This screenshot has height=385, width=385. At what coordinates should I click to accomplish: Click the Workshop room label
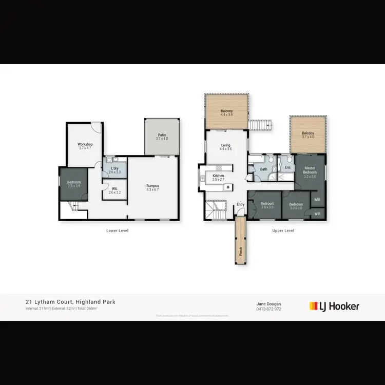85,145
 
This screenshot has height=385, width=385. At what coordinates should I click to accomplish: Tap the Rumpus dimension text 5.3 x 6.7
152,189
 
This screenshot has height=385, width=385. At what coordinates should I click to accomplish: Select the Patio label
162,135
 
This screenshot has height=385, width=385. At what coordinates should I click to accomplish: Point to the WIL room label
115,188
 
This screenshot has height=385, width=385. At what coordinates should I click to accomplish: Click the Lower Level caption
117,230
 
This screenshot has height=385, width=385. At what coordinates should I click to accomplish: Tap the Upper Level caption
283,230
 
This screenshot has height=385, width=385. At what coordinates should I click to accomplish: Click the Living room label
226,145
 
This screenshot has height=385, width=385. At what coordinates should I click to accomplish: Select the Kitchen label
219,176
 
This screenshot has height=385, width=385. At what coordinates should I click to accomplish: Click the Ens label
288,167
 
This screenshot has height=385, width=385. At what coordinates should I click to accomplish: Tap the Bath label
264,169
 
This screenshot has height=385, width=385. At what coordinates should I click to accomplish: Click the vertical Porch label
240,251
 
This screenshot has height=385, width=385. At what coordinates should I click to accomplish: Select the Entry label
240,205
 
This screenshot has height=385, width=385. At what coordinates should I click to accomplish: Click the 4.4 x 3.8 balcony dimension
226,115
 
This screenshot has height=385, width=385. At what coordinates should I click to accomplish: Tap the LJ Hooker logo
334,306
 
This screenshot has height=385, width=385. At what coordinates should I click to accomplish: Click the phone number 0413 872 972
269,310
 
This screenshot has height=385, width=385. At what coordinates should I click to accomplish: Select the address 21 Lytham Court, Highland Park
70,302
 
